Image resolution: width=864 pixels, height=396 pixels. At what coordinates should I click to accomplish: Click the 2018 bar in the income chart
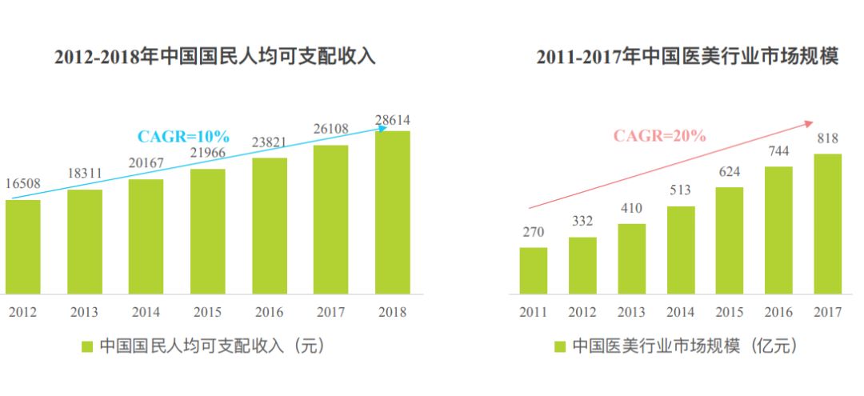point(392,212)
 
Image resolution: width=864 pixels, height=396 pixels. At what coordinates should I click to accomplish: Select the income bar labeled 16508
point(22,246)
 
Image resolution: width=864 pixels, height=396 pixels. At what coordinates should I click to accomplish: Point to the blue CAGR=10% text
point(184,136)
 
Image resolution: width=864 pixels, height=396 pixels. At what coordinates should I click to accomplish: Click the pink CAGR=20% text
point(660,135)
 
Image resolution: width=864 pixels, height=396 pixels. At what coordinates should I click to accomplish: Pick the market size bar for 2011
point(533,270)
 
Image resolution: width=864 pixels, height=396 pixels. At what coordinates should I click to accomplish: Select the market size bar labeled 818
point(827,224)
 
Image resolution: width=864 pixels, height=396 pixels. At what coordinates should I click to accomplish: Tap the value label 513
point(680,190)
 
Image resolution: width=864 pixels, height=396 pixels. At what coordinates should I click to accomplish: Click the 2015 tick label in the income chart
point(207,311)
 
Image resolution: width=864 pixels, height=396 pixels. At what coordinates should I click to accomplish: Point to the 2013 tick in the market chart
point(631,312)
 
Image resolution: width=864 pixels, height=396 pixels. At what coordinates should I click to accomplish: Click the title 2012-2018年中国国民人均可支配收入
point(214,57)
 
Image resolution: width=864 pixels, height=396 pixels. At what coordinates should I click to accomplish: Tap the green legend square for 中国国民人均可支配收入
point(87,346)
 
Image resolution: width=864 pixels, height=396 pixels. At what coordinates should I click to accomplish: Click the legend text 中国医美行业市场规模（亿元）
point(685,346)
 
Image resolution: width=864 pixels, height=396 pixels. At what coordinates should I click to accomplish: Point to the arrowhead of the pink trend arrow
point(809,123)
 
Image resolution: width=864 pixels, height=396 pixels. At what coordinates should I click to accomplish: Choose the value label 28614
point(393,120)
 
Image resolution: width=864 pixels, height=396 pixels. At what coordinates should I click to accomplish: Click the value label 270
point(534,232)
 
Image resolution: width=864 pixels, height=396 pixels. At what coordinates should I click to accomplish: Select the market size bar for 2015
point(729,240)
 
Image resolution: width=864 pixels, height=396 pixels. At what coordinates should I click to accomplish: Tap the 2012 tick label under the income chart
point(22,311)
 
